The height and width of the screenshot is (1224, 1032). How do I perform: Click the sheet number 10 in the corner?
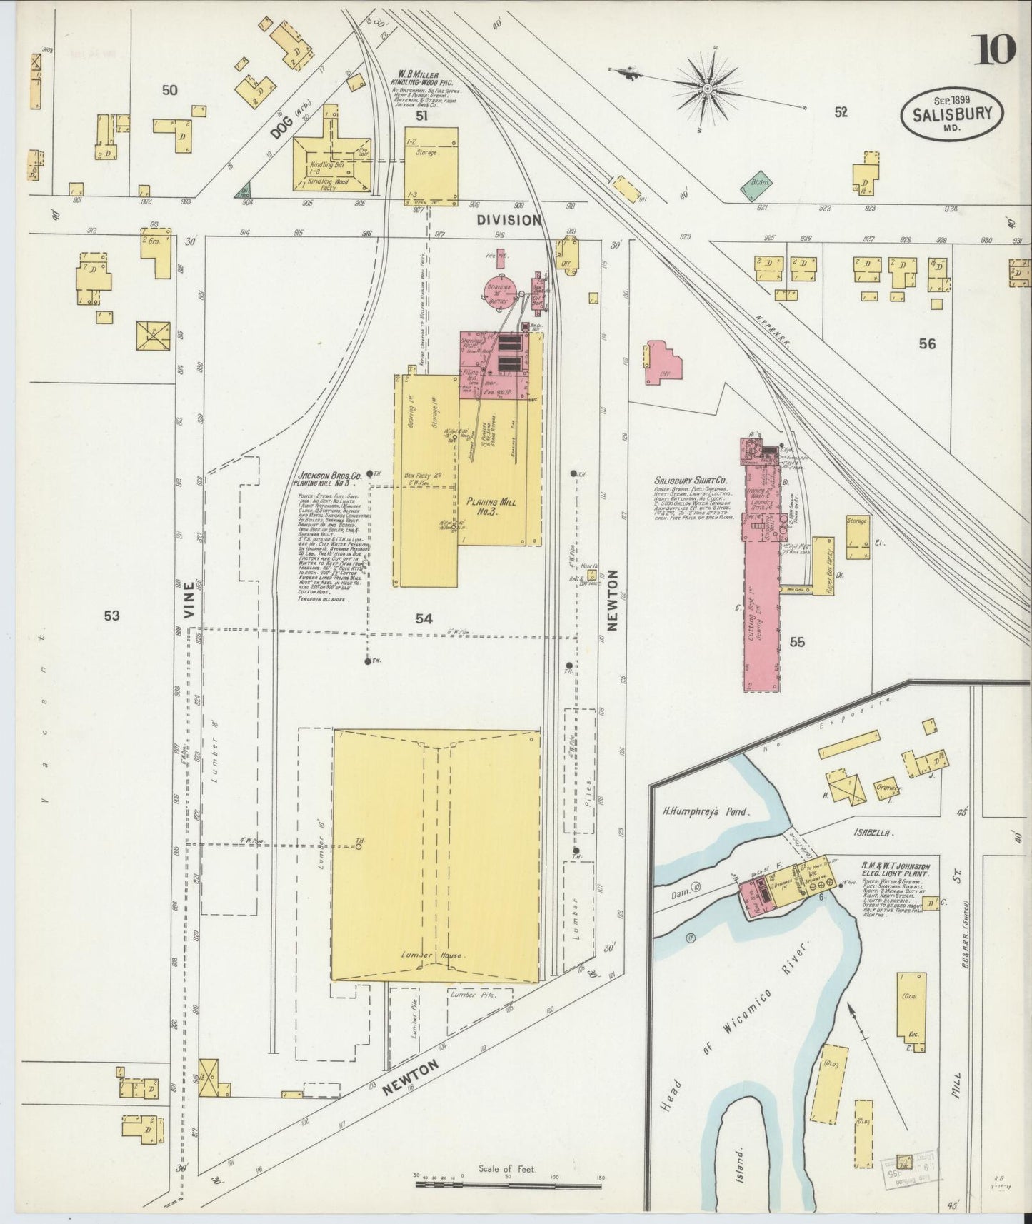(x=993, y=51)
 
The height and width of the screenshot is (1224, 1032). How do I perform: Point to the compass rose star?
(x=707, y=89)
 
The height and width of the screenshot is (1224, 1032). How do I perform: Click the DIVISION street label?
(x=510, y=220)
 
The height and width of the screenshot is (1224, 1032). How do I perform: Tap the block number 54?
(x=424, y=618)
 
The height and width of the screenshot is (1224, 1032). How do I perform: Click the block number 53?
(x=111, y=616)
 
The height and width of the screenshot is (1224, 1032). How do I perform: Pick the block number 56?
(x=927, y=344)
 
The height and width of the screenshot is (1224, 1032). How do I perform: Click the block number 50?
(x=169, y=90)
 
